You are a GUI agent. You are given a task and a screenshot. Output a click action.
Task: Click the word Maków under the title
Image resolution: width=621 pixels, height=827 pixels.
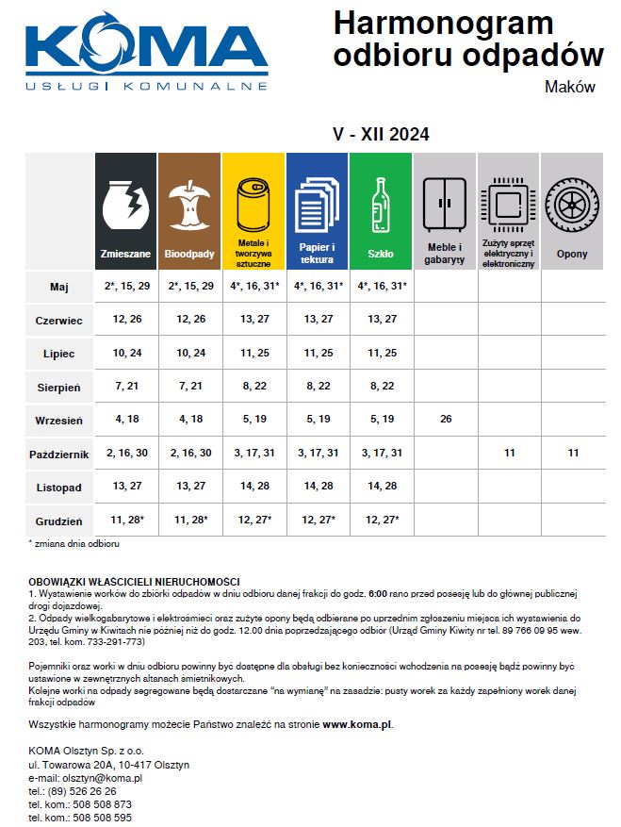[x=570, y=87]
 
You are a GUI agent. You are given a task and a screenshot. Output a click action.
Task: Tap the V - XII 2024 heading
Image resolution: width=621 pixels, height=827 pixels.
[x=381, y=134]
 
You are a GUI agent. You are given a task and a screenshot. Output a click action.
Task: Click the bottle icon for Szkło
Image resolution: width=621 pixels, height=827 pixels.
[x=381, y=202]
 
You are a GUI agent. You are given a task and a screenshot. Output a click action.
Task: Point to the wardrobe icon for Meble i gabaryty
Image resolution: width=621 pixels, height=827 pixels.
[x=445, y=202]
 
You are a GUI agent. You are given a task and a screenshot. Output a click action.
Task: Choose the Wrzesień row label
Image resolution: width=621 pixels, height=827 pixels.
[x=58, y=419]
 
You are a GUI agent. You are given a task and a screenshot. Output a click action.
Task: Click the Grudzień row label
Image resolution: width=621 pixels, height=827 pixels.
[x=58, y=520]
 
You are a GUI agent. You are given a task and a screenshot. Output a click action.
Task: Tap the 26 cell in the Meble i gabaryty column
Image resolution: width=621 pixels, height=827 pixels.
[x=445, y=419]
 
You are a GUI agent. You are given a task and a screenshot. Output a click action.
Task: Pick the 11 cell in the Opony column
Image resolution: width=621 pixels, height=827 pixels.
[x=572, y=453]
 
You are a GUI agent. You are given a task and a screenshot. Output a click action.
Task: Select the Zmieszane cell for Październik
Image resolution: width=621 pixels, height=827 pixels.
[x=125, y=453]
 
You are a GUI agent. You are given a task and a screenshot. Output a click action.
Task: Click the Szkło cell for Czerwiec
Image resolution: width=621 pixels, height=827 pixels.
[x=381, y=319]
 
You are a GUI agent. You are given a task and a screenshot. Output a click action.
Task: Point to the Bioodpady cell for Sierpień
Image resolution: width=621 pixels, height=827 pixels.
[x=189, y=386]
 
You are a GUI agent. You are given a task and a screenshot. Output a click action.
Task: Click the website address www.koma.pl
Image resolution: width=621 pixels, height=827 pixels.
[x=357, y=725]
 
